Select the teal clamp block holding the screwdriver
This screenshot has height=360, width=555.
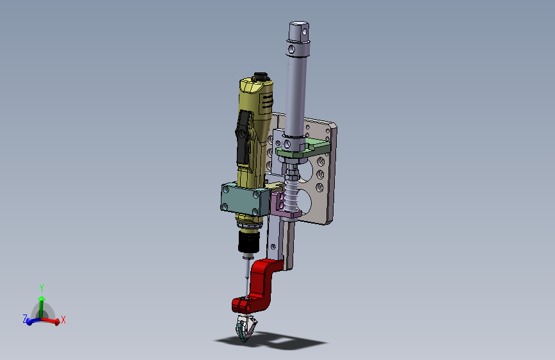click(x=245, y=199)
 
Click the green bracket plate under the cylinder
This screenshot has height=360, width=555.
click(x=303, y=148)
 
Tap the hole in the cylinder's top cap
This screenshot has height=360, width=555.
click(x=305, y=32)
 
